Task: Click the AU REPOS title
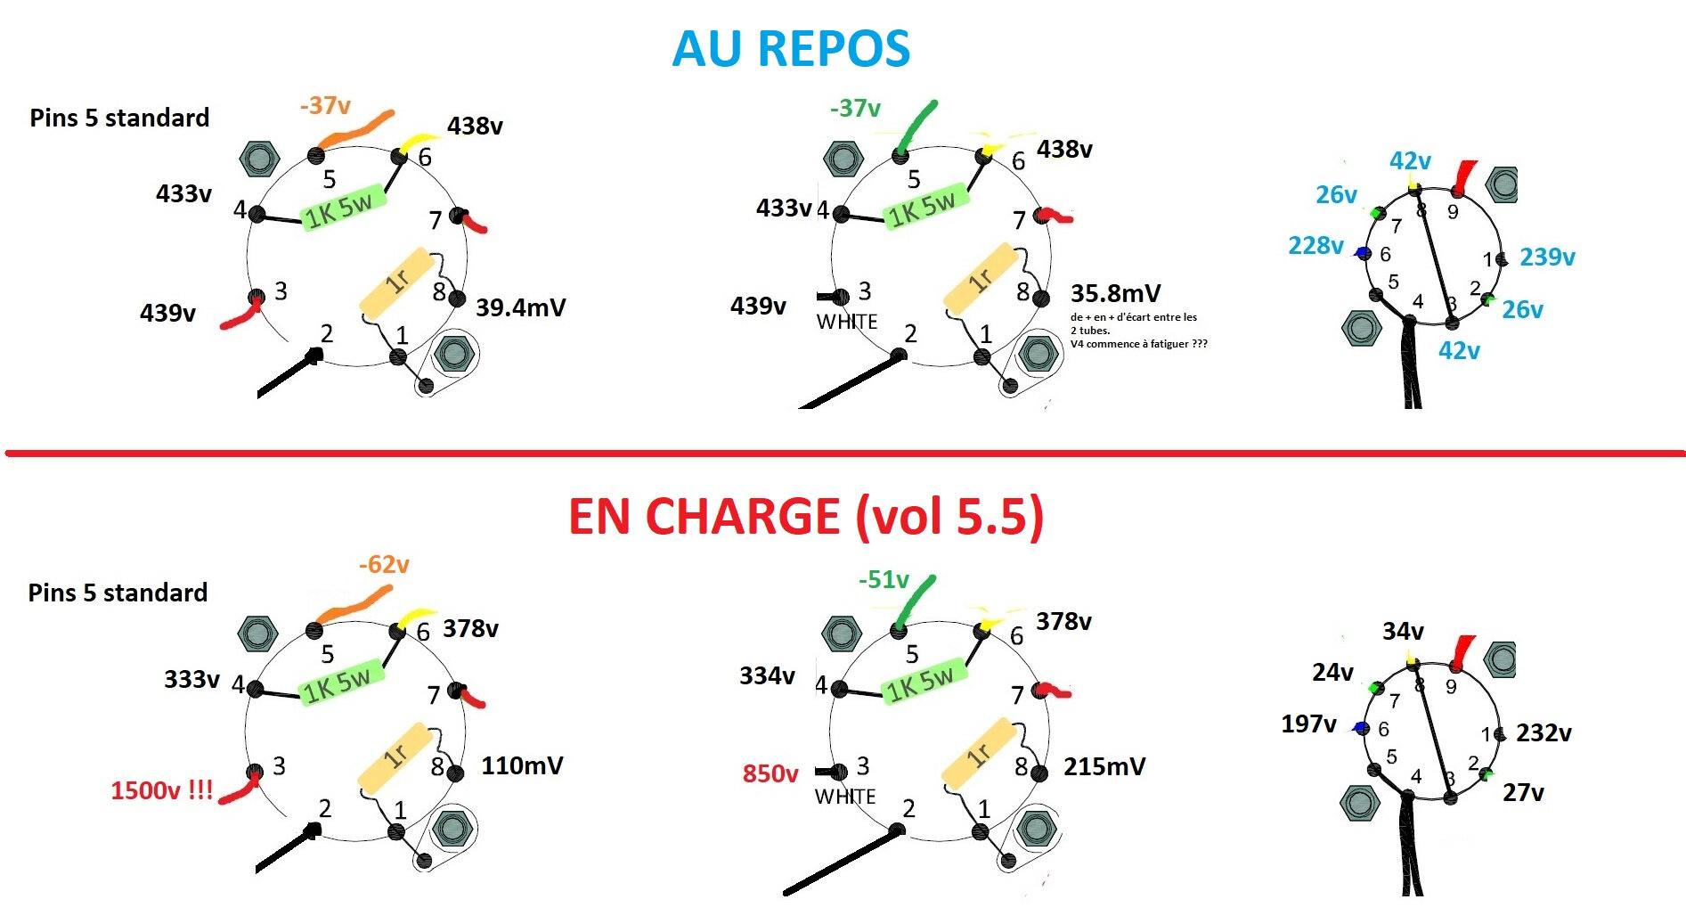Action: pos(791,49)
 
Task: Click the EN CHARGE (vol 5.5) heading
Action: pos(805,517)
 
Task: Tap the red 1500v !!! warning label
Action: pos(161,790)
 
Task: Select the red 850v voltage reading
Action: pos(770,773)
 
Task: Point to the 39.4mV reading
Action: pos(520,308)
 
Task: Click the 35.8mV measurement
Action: pos(1115,294)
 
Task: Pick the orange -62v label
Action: pos(384,565)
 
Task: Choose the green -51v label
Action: pos(884,580)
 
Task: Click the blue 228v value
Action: pos(1315,246)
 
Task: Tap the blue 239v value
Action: pos(1547,258)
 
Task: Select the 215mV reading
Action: pos(1104,766)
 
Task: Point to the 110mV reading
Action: pos(522,765)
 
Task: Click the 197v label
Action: pos(1308,724)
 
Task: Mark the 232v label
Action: pos(1543,733)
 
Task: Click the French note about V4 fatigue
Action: pos(1138,331)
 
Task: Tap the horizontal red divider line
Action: pos(843,454)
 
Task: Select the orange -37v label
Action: pos(325,106)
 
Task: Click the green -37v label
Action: pos(855,109)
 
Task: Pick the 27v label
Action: pos(1523,793)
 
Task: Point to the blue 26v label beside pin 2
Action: pos(1522,310)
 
